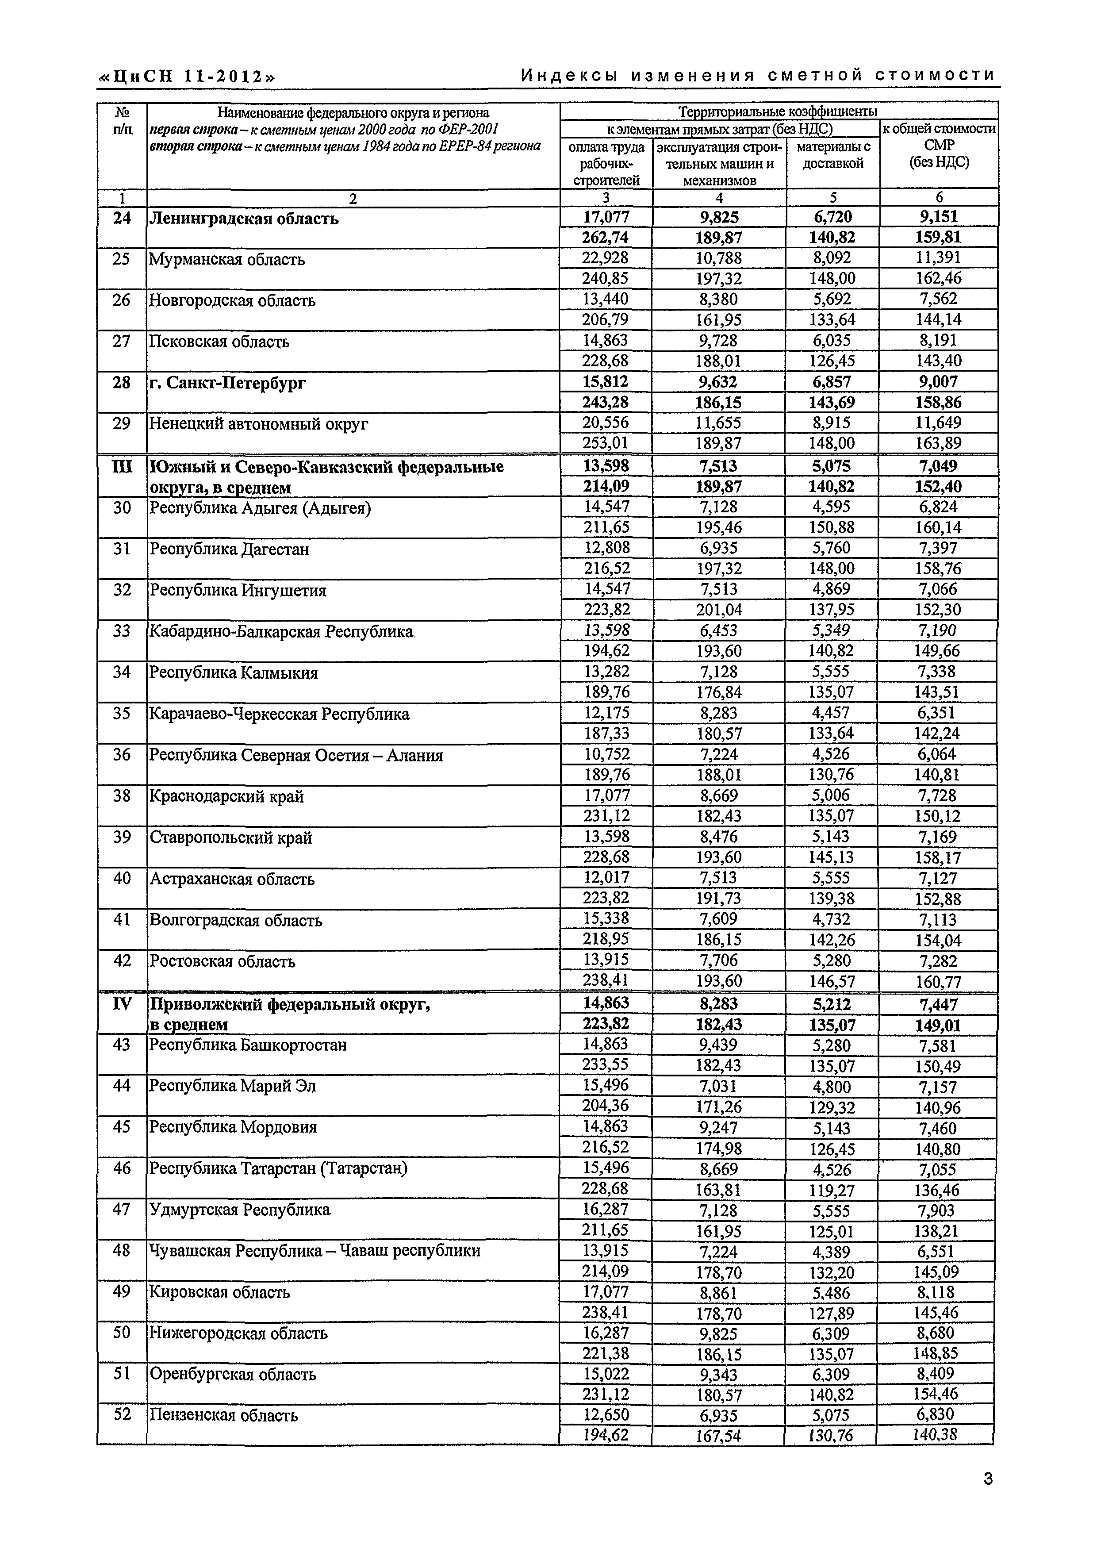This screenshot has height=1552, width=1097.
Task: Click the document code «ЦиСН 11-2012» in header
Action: coord(187,77)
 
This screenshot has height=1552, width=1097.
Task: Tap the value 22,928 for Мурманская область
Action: coord(606,257)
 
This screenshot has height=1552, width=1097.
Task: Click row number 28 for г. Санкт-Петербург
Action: coord(122,383)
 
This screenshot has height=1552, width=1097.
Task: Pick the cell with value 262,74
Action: coord(606,237)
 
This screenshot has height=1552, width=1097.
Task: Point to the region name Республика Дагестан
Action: coord(229,549)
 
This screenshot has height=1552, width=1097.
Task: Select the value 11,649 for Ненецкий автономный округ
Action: coord(939,423)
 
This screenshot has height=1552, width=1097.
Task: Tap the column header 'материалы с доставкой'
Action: coord(833,155)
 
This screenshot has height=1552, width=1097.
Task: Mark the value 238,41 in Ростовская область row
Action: coord(606,981)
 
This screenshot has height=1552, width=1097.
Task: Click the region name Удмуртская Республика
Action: coord(239,1209)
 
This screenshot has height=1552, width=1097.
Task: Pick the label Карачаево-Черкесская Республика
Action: coord(279,714)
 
